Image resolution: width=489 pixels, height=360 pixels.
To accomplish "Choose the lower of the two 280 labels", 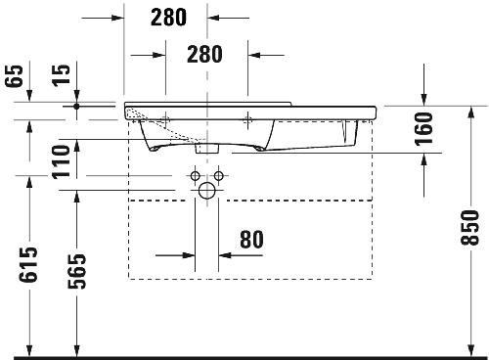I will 203,55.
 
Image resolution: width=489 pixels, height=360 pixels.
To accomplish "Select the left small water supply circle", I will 196,177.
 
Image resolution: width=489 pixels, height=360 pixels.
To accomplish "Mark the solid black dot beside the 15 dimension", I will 76,104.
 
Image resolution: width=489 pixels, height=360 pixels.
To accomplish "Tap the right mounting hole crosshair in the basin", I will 248,119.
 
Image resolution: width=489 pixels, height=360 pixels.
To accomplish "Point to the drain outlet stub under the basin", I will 207,149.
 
